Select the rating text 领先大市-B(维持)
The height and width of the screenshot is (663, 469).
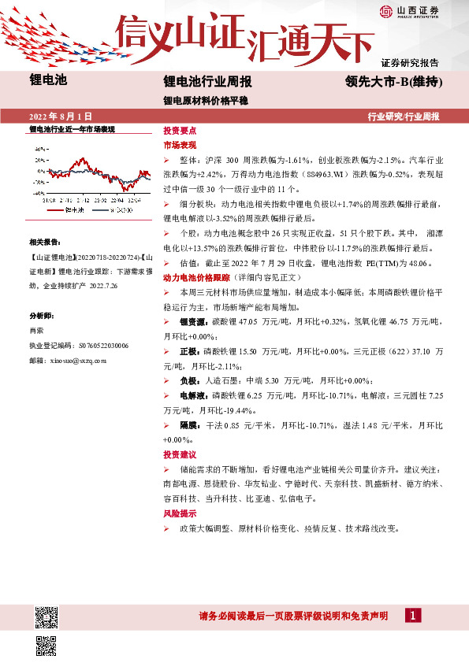pos(391,82)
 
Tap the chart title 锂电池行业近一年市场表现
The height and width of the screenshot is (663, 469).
pos(72,128)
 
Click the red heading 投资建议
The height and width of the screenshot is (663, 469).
pos(179,455)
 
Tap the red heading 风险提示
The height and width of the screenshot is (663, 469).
pos(179,513)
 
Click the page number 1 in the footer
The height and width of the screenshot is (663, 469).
pos(413,616)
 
